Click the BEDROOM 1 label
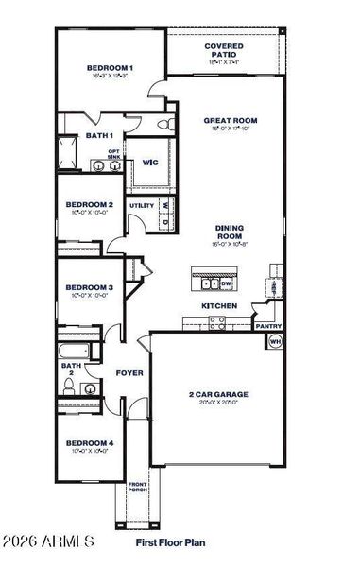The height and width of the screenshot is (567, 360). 110,68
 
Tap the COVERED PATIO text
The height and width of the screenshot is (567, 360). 223,50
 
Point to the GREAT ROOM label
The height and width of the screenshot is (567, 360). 231,121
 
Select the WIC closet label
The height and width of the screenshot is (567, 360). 149,163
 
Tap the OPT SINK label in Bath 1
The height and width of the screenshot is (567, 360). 113,154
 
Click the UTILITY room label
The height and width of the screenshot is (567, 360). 142,205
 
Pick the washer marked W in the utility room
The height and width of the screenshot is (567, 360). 165,204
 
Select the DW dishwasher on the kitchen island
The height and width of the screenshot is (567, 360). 226,283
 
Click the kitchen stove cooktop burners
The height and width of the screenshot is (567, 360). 217,321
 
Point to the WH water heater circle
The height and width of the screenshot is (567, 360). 276,342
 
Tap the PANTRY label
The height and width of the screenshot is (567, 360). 268,326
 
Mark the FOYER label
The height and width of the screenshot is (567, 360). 129,373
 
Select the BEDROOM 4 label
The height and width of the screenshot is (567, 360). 90,442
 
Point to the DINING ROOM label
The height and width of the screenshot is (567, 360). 230,232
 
